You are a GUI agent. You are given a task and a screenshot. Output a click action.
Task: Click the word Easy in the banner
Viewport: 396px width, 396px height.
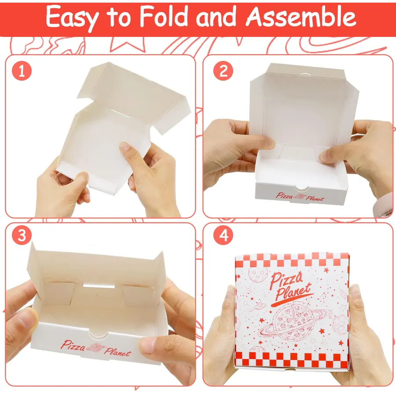pyautogui.click(x=72, y=17)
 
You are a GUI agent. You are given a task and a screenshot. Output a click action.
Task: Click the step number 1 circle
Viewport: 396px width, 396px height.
pyautogui.click(x=22, y=71)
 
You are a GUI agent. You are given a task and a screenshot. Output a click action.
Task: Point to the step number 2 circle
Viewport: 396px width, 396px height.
pyautogui.click(x=224, y=71)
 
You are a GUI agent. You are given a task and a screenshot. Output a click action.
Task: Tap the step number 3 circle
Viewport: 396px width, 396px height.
pyautogui.click(x=22, y=235)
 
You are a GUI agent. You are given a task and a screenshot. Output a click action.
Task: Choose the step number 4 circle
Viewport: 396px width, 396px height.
pyautogui.click(x=224, y=235)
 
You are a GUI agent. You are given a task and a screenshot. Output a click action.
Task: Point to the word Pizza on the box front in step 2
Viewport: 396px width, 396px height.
pyautogui.click(x=284, y=195)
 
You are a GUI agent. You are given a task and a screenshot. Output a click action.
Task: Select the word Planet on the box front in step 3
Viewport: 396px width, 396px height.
pyautogui.click(x=117, y=352)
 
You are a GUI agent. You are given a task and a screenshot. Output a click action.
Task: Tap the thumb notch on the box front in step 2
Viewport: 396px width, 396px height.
pyautogui.click(x=301, y=188)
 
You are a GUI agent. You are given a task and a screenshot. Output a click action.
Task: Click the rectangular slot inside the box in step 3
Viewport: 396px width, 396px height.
pyautogui.click(x=99, y=286)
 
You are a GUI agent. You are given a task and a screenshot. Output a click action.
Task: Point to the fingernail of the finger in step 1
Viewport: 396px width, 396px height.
pyautogui.click(x=124, y=147)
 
